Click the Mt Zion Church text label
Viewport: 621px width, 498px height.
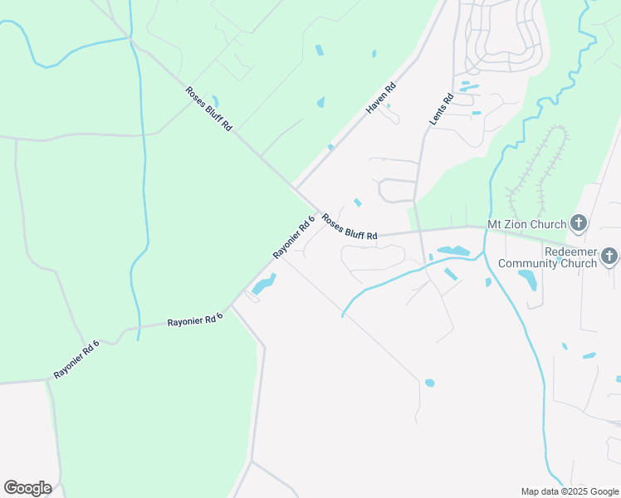point(526,223)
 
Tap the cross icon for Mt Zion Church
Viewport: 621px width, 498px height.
point(579,222)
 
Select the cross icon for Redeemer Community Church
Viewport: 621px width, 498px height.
point(610,256)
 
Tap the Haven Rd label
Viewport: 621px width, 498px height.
point(381,98)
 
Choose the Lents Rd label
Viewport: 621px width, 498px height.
point(442,110)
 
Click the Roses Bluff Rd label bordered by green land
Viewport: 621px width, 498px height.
point(208,108)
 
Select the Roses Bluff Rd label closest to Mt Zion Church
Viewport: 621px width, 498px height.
point(350,228)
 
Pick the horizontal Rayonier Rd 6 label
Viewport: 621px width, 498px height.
point(195,320)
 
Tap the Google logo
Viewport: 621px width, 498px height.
point(27,488)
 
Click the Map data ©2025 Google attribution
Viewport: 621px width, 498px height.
point(570,491)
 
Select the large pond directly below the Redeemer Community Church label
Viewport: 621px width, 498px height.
point(527,280)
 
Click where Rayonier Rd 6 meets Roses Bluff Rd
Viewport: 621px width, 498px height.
point(316,208)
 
